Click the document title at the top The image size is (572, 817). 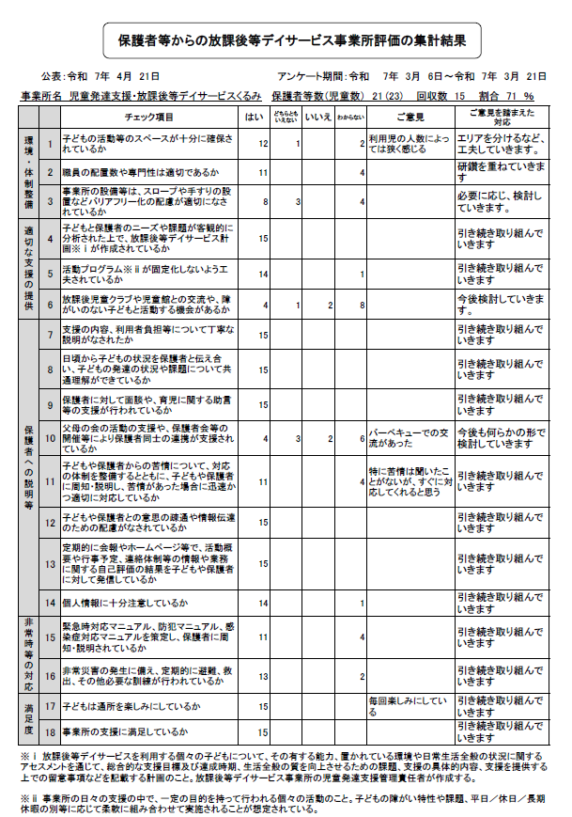(291, 41)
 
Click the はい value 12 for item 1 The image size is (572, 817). (264, 143)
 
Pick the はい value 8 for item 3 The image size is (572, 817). (267, 201)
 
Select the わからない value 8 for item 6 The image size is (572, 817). (362, 305)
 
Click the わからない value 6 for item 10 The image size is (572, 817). (362, 438)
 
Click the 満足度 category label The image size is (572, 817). (29, 718)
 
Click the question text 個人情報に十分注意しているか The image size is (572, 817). (126, 602)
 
